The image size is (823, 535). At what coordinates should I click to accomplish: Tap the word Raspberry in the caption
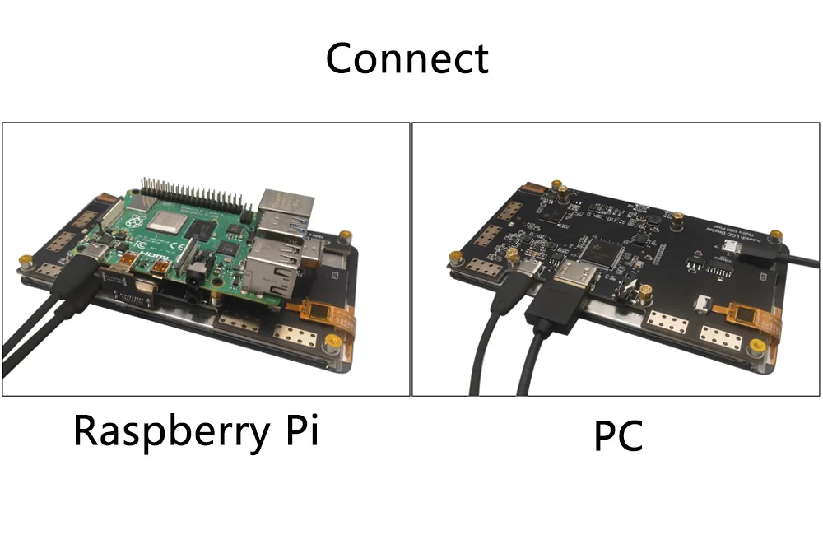[168, 430]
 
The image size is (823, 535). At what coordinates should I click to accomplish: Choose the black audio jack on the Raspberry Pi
[194, 277]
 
